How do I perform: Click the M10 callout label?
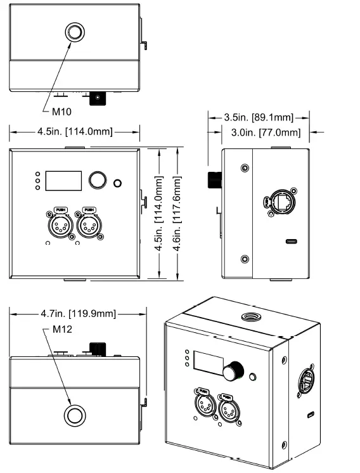click(61, 112)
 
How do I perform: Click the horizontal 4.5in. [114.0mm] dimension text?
click(74, 132)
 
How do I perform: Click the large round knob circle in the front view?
click(97, 180)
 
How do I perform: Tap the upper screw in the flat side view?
click(245, 169)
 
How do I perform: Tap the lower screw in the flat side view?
click(245, 259)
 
